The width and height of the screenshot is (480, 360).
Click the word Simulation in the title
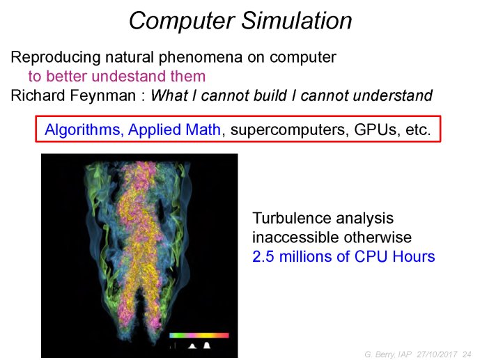(297, 20)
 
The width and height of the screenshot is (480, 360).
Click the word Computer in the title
(182, 22)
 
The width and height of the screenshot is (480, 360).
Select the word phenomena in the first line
(201, 58)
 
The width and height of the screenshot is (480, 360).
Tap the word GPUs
(376, 130)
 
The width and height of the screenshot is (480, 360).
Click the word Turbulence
(292, 219)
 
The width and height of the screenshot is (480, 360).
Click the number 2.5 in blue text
(263, 256)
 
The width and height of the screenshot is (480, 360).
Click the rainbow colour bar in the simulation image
(199, 335)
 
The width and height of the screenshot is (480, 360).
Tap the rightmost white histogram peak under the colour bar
(207, 345)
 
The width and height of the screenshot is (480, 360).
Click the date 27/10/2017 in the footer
(437, 354)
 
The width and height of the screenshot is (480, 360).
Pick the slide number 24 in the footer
(467, 354)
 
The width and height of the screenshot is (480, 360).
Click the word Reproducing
(56, 58)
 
